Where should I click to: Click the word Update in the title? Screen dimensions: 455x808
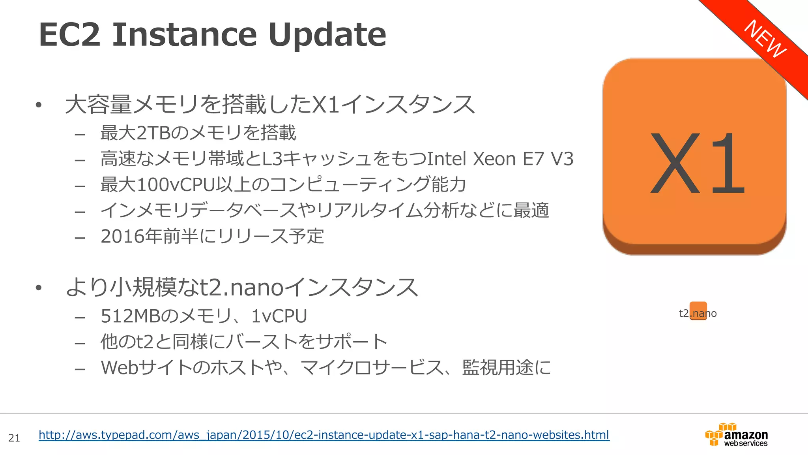point(327,35)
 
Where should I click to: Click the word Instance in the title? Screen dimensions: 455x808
point(184,35)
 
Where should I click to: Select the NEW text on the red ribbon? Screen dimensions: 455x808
point(765,39)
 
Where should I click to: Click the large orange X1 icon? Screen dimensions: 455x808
point(694,156)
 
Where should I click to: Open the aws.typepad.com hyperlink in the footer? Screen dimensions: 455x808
point(324,435)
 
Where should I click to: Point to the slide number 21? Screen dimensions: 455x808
point(14,438)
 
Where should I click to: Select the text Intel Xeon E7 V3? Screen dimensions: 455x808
point(500,159)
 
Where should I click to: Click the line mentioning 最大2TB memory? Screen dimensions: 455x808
point(198,133)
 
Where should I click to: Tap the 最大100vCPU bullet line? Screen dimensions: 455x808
point(283,185)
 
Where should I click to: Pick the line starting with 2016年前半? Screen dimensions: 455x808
point(212,237)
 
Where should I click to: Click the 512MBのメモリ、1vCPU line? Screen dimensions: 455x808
point(204,316)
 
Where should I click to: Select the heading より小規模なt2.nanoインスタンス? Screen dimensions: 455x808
point(241,287)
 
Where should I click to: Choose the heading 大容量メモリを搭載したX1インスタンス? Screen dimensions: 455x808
point(270,105)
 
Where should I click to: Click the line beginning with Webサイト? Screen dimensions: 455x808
point(325,368)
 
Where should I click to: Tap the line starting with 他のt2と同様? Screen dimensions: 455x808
point(244,342)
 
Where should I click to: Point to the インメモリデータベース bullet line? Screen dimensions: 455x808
point(325,211)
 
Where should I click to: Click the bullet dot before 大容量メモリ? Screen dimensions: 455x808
point(38,105)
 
